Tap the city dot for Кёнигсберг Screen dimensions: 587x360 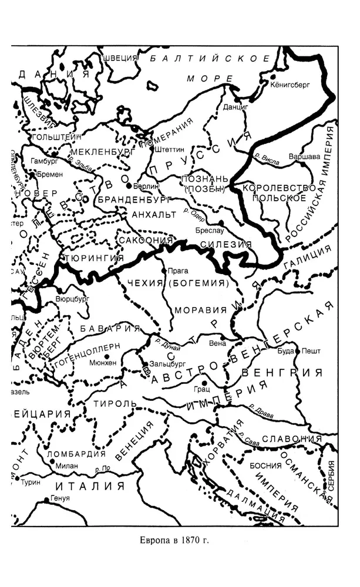[x=274, y=76]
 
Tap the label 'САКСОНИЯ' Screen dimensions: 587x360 [x=144, y=240]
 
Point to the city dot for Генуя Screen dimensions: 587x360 [x=47, y=500]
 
